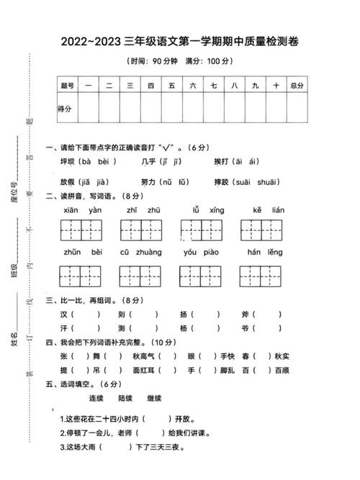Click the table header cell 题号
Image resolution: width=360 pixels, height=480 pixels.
click(x=67, y=86)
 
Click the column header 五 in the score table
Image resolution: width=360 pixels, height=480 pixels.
click(x=171, y=86)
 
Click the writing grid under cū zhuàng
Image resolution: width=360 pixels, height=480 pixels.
click(x=140, y=275)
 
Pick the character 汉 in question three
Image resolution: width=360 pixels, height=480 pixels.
click(x=64, y=314)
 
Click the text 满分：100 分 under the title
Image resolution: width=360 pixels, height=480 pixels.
click(x=210, y=61)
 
